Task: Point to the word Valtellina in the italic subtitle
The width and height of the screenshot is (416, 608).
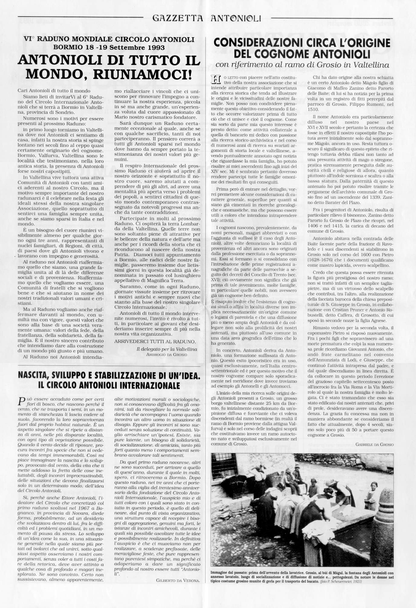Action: (x=372, y=65)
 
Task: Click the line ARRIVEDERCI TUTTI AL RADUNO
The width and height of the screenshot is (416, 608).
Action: (x=155, y=342)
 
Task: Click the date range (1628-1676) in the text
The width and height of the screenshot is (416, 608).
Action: (x=321, y=259)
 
